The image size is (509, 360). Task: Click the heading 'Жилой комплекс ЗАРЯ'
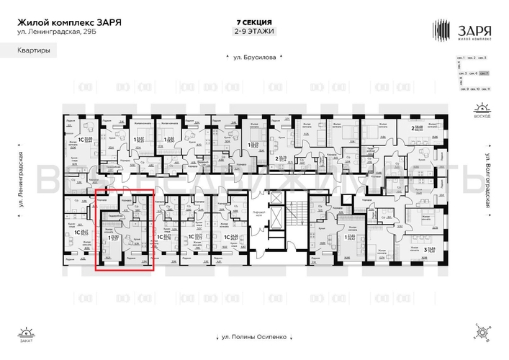[69, 22]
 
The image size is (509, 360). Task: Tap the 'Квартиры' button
[30, 51]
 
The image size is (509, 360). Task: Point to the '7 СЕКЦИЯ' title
[254, 22]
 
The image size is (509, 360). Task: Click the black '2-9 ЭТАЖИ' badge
[254, 32]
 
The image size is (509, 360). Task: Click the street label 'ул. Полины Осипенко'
[254, 337]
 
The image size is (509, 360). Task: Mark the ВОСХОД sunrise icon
[482, 111]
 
